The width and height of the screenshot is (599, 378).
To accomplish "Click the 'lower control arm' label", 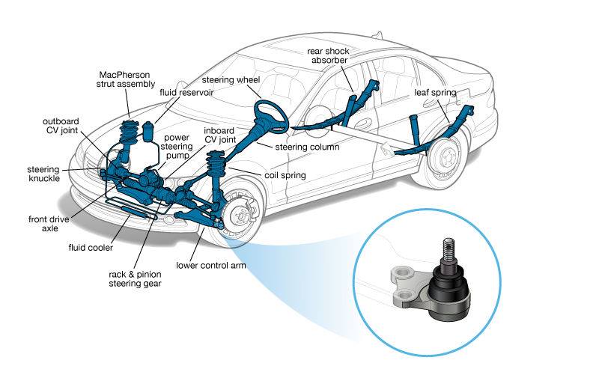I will point(212,265).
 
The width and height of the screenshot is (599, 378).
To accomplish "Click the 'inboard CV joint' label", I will point(220,133).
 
